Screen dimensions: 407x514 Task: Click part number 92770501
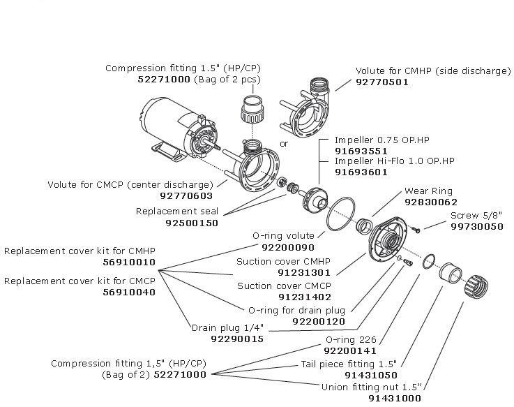click(x=381, y=82)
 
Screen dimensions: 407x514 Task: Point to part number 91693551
click(x=361, y=150)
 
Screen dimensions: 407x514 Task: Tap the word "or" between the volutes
click(x=284, y=144)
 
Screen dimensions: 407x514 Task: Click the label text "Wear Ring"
click(x=428, y=191)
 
